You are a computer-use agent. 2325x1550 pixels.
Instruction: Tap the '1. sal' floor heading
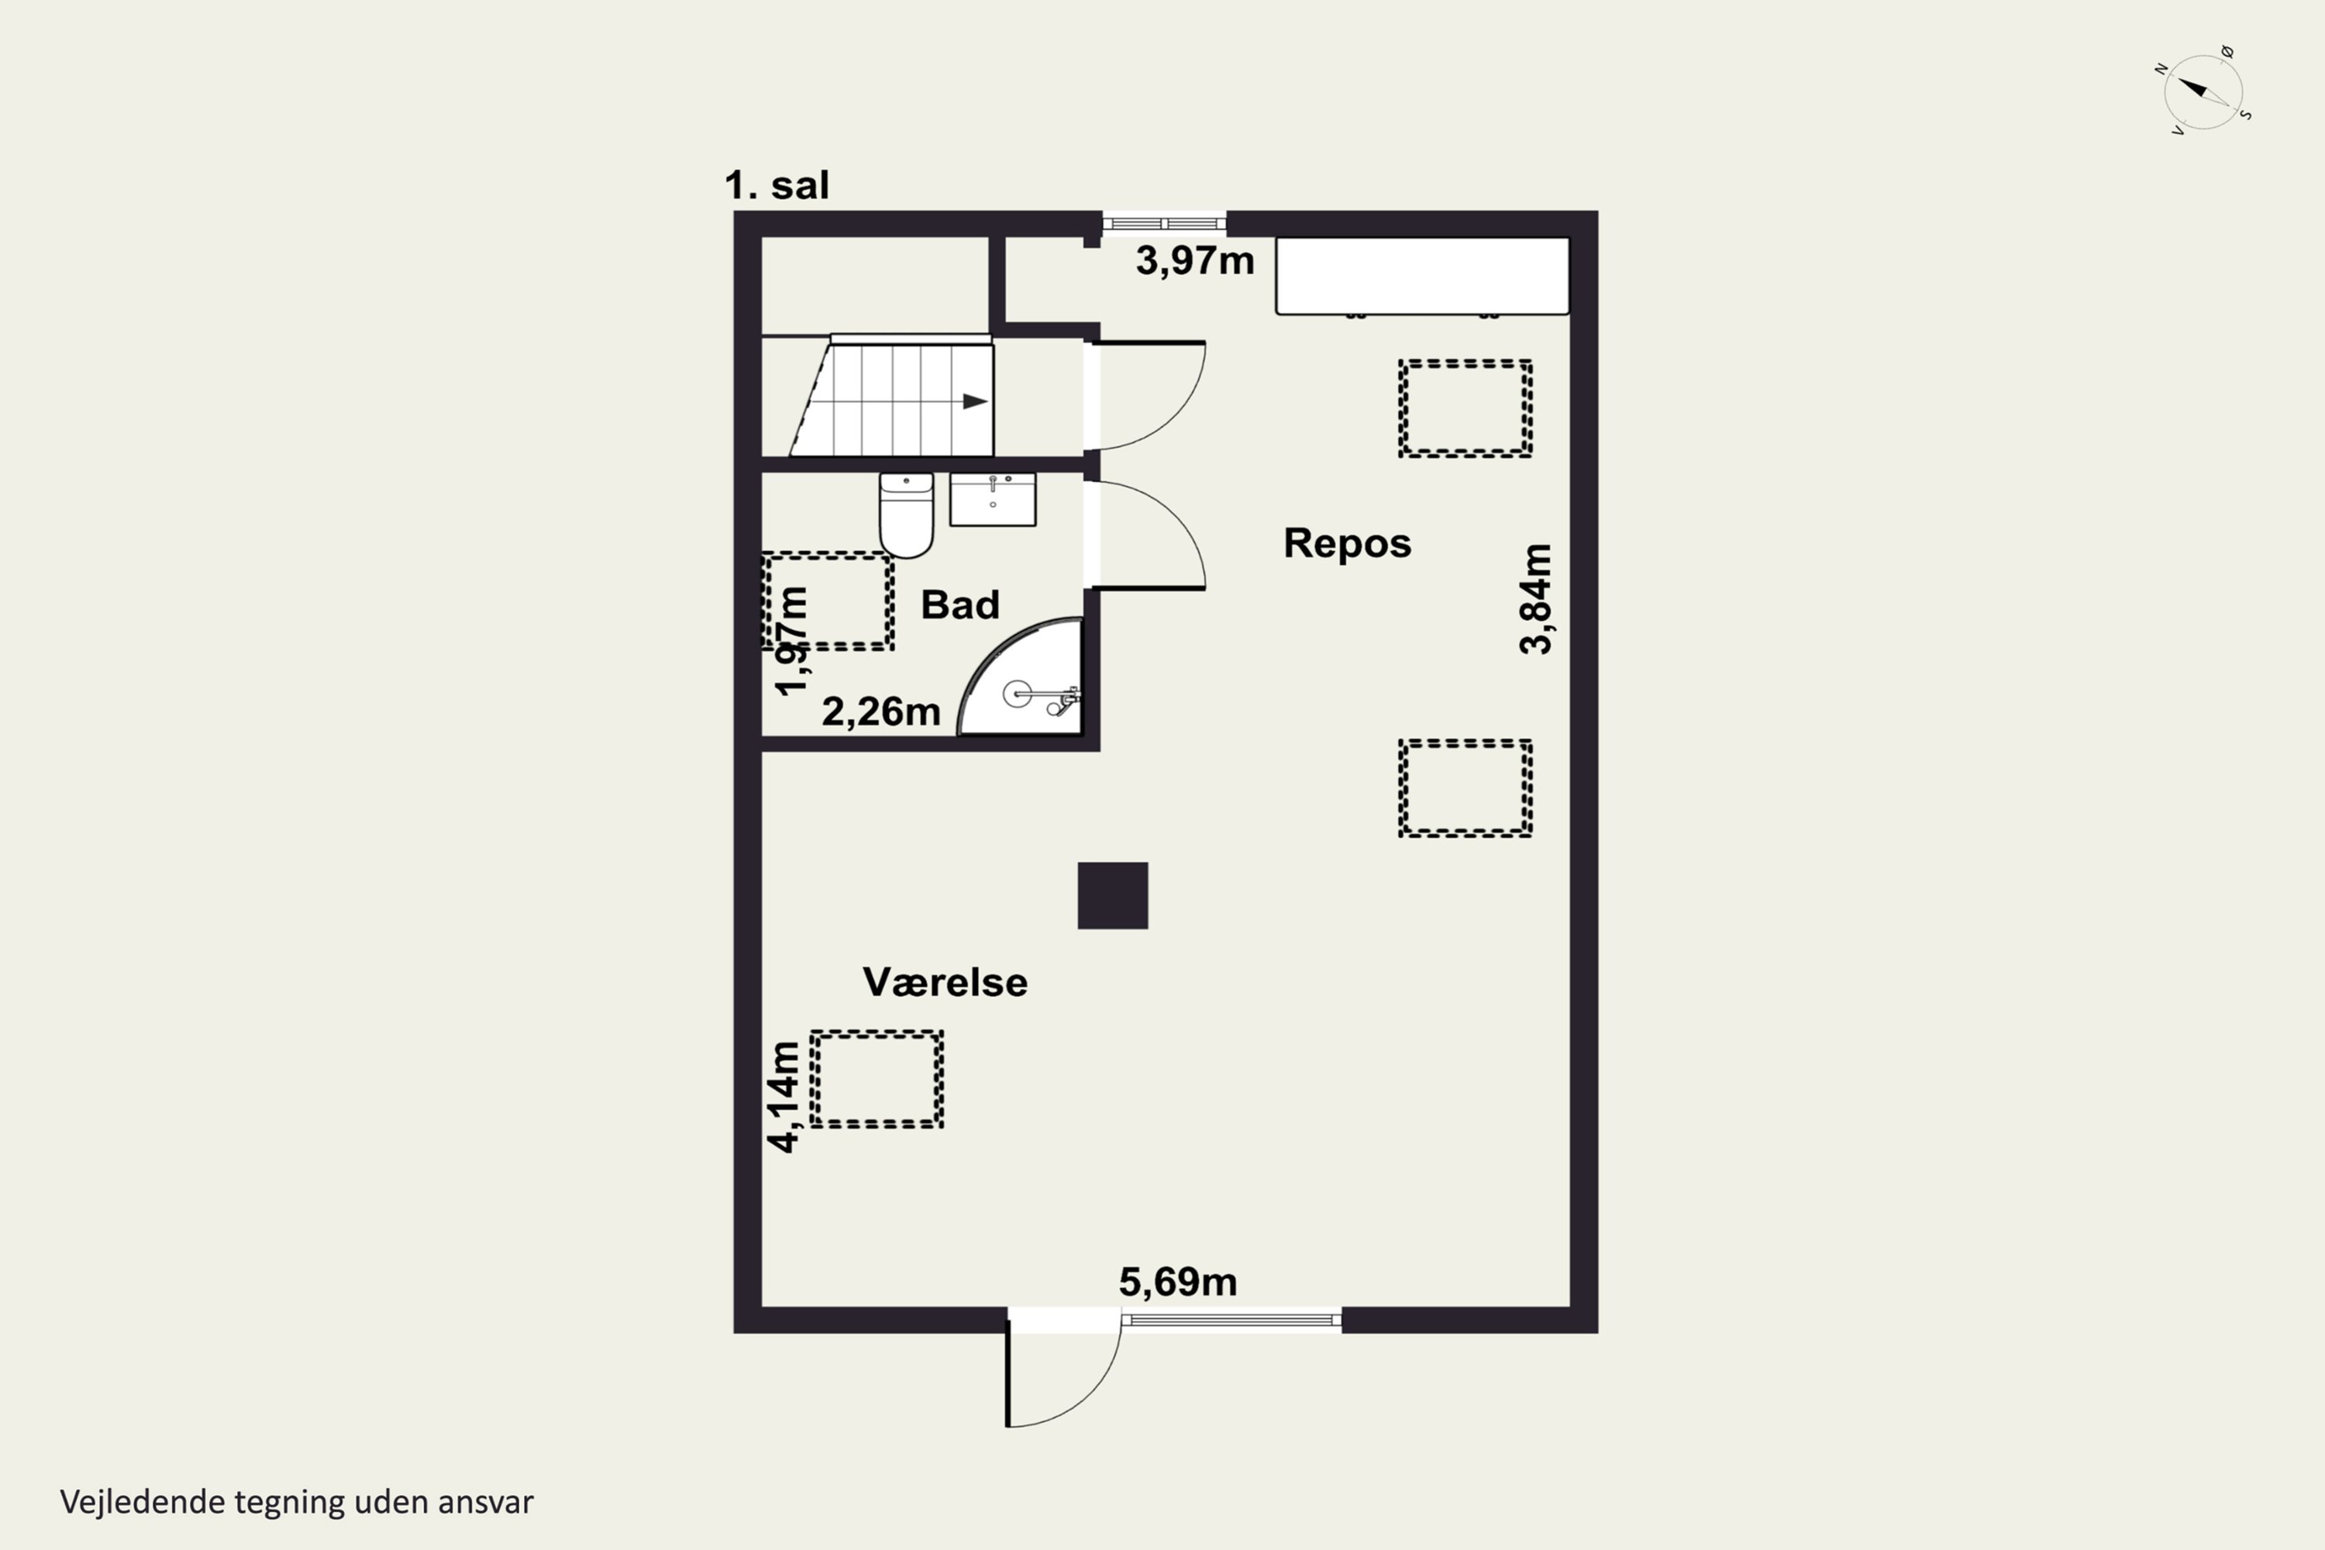pos(777,185)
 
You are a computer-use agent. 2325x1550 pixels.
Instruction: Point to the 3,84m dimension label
pos(1536,599)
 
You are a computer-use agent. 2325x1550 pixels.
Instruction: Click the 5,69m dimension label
pos(1178,1282)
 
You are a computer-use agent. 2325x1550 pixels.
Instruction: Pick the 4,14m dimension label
pos(784,1097)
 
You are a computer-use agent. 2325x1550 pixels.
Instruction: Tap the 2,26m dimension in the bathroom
pos(880,711)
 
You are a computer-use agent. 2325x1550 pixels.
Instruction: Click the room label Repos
pos(1348,542)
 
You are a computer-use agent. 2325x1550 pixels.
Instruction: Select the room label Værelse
pos(945,982)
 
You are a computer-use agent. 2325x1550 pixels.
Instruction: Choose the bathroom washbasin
pos(993,499)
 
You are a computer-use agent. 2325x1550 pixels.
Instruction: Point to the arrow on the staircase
pos(975,401)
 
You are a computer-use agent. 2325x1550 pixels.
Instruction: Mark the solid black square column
pos(1113,896)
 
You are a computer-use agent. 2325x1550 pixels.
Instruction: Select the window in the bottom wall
pos(1231,1320)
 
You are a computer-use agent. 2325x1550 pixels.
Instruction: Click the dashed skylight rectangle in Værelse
pos(877,1080)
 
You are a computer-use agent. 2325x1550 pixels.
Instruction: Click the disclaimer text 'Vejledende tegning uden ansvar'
pos(297,1503)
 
